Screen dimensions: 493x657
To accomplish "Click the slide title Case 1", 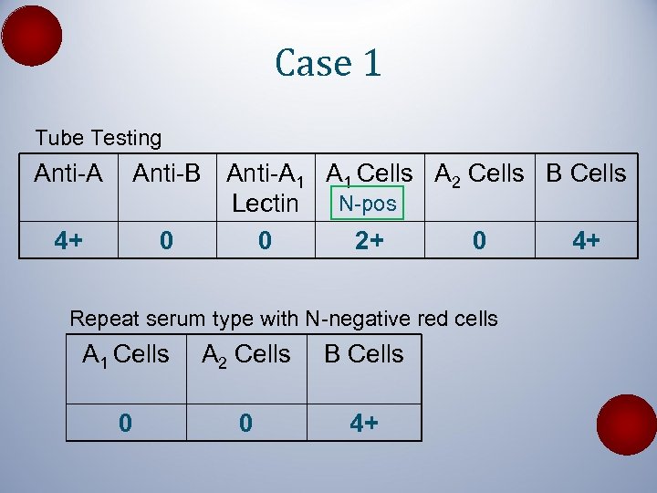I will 328,63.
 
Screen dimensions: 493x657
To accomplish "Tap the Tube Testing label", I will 98,138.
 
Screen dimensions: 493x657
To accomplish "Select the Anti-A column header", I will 68,173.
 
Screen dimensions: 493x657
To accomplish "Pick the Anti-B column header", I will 166,173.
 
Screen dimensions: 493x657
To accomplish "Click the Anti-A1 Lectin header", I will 265,187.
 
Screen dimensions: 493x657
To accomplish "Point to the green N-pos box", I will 368,204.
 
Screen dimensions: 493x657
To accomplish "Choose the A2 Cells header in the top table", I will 479,173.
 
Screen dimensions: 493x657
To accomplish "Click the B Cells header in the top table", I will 586,173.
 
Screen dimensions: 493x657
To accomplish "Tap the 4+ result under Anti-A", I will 68,241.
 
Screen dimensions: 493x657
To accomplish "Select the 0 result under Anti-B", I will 166,241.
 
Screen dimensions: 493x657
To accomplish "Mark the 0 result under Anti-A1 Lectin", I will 265,241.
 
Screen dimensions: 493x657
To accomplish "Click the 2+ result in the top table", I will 368,241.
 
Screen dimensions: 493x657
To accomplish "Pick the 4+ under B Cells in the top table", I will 586,241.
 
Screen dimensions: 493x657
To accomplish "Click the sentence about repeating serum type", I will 284,319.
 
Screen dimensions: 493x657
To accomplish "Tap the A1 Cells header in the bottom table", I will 126,354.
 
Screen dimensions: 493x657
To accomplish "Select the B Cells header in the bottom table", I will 363,354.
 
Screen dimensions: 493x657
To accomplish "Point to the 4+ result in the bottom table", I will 363,423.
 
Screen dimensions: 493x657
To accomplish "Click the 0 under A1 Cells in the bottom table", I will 126,423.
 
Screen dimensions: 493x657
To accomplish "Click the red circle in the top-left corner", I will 32,36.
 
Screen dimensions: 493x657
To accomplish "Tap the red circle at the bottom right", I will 626,425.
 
